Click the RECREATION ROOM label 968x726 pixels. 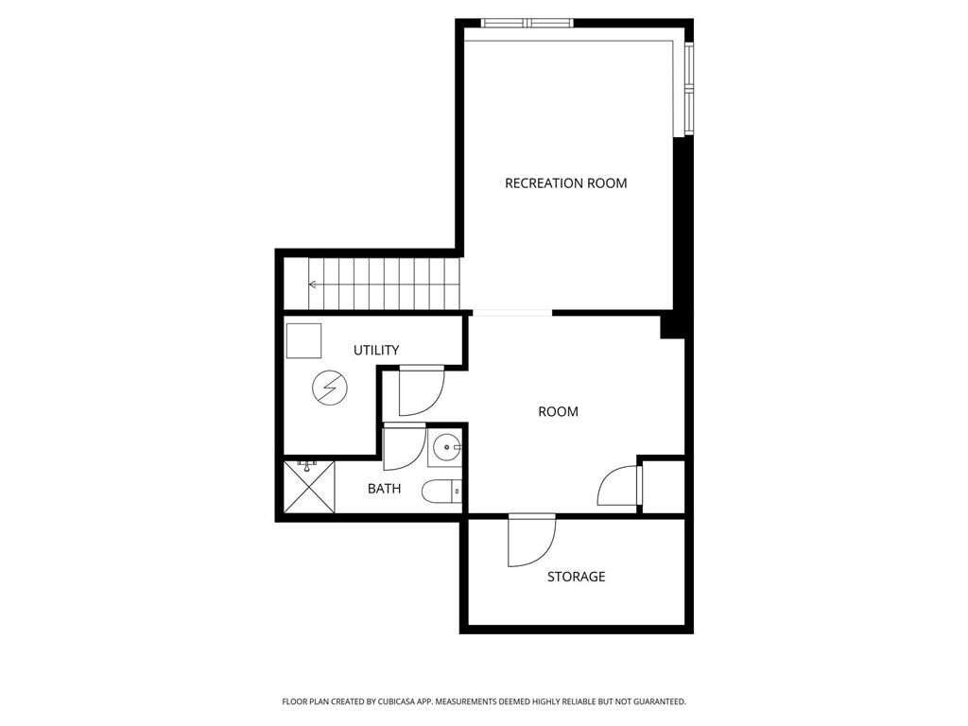(x=565, y=183)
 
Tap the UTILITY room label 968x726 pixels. (x=376, y=350)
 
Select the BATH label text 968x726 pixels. (x=384, y=489)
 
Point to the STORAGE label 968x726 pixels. (x=576, y=577)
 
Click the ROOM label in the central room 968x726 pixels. (x=558, y=412)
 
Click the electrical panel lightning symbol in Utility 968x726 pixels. (x=330, y=388)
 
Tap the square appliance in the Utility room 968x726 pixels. (x=303, y=340)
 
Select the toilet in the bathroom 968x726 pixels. (x=442, y=492)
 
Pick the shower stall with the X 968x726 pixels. (x=309, y=487)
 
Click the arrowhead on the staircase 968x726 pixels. (x=312, y=285)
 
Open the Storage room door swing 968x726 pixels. (x=531, y=540)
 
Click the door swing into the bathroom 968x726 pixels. (x=404, y=447)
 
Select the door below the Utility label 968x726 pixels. (x=422, y=390)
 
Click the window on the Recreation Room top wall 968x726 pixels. (x=527, y=24)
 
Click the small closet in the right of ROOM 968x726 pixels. (x=664, y=486)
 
